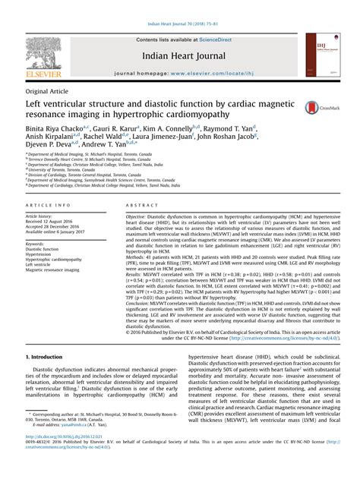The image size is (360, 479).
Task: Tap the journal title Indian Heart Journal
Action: tap(179, 55)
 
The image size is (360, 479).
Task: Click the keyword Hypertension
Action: tap(41, 254)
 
